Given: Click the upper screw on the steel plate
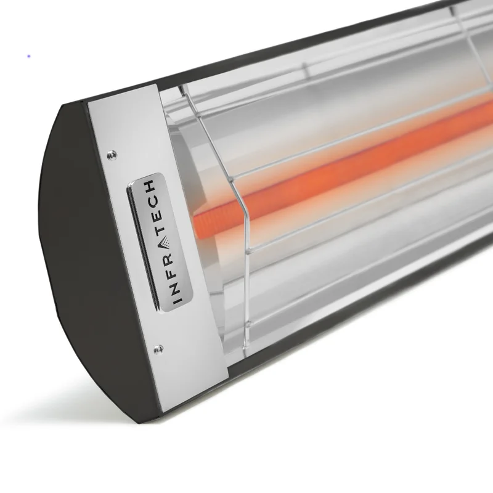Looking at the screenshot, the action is point(112,154).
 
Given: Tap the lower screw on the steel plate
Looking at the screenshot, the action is point(158,348).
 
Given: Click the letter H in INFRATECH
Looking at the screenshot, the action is point(150,187).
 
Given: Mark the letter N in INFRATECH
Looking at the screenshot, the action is point(173,283).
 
